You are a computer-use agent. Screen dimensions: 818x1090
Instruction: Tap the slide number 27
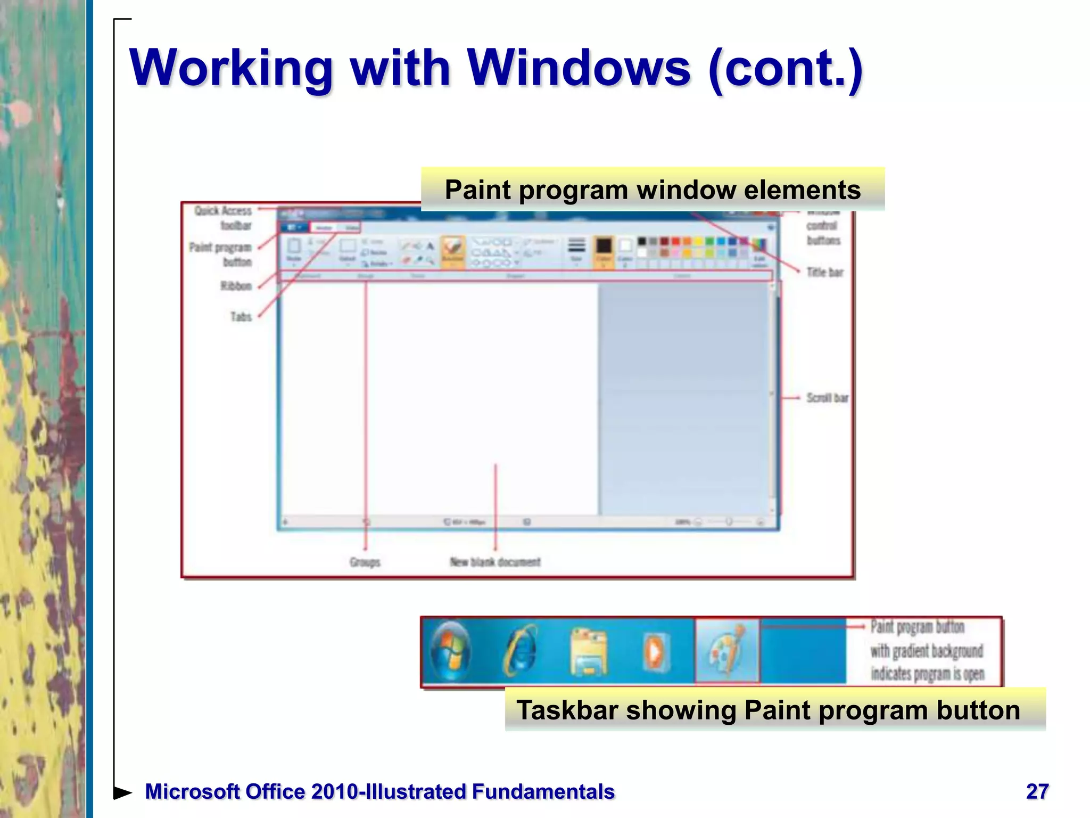coord(1037,791)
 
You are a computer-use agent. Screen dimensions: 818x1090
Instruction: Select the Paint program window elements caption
coord(653,190)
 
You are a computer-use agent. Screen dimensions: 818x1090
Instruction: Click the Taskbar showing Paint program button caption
coord(768,710)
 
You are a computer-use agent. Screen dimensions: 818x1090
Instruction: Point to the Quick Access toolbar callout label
coord(223,218)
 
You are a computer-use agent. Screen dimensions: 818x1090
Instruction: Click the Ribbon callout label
coord(236,286)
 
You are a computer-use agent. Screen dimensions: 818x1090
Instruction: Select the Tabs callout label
coord(241,317)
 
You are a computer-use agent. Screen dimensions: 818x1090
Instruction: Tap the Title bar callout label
coord(824,272)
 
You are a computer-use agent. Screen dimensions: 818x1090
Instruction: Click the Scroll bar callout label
coord(827,398)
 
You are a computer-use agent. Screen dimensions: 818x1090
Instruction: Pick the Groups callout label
coord(365,562)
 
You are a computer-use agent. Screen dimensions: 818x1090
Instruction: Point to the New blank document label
coord(495,562)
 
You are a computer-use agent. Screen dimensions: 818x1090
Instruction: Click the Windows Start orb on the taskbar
coord(450,650)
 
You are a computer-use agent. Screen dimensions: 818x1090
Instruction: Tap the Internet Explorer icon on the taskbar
coord(521,650)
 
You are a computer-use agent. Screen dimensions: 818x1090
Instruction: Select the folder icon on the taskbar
coord(588,651)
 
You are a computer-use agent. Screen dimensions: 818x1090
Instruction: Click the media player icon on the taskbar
coord(655,651)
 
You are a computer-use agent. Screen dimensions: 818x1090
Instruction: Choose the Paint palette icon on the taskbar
coord(727,650)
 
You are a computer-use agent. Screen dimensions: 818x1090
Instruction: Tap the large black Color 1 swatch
coord(604,247)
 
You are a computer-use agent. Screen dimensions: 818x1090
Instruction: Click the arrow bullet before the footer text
coord(123,792)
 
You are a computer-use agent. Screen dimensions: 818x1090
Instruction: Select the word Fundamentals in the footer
coord(543,791)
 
